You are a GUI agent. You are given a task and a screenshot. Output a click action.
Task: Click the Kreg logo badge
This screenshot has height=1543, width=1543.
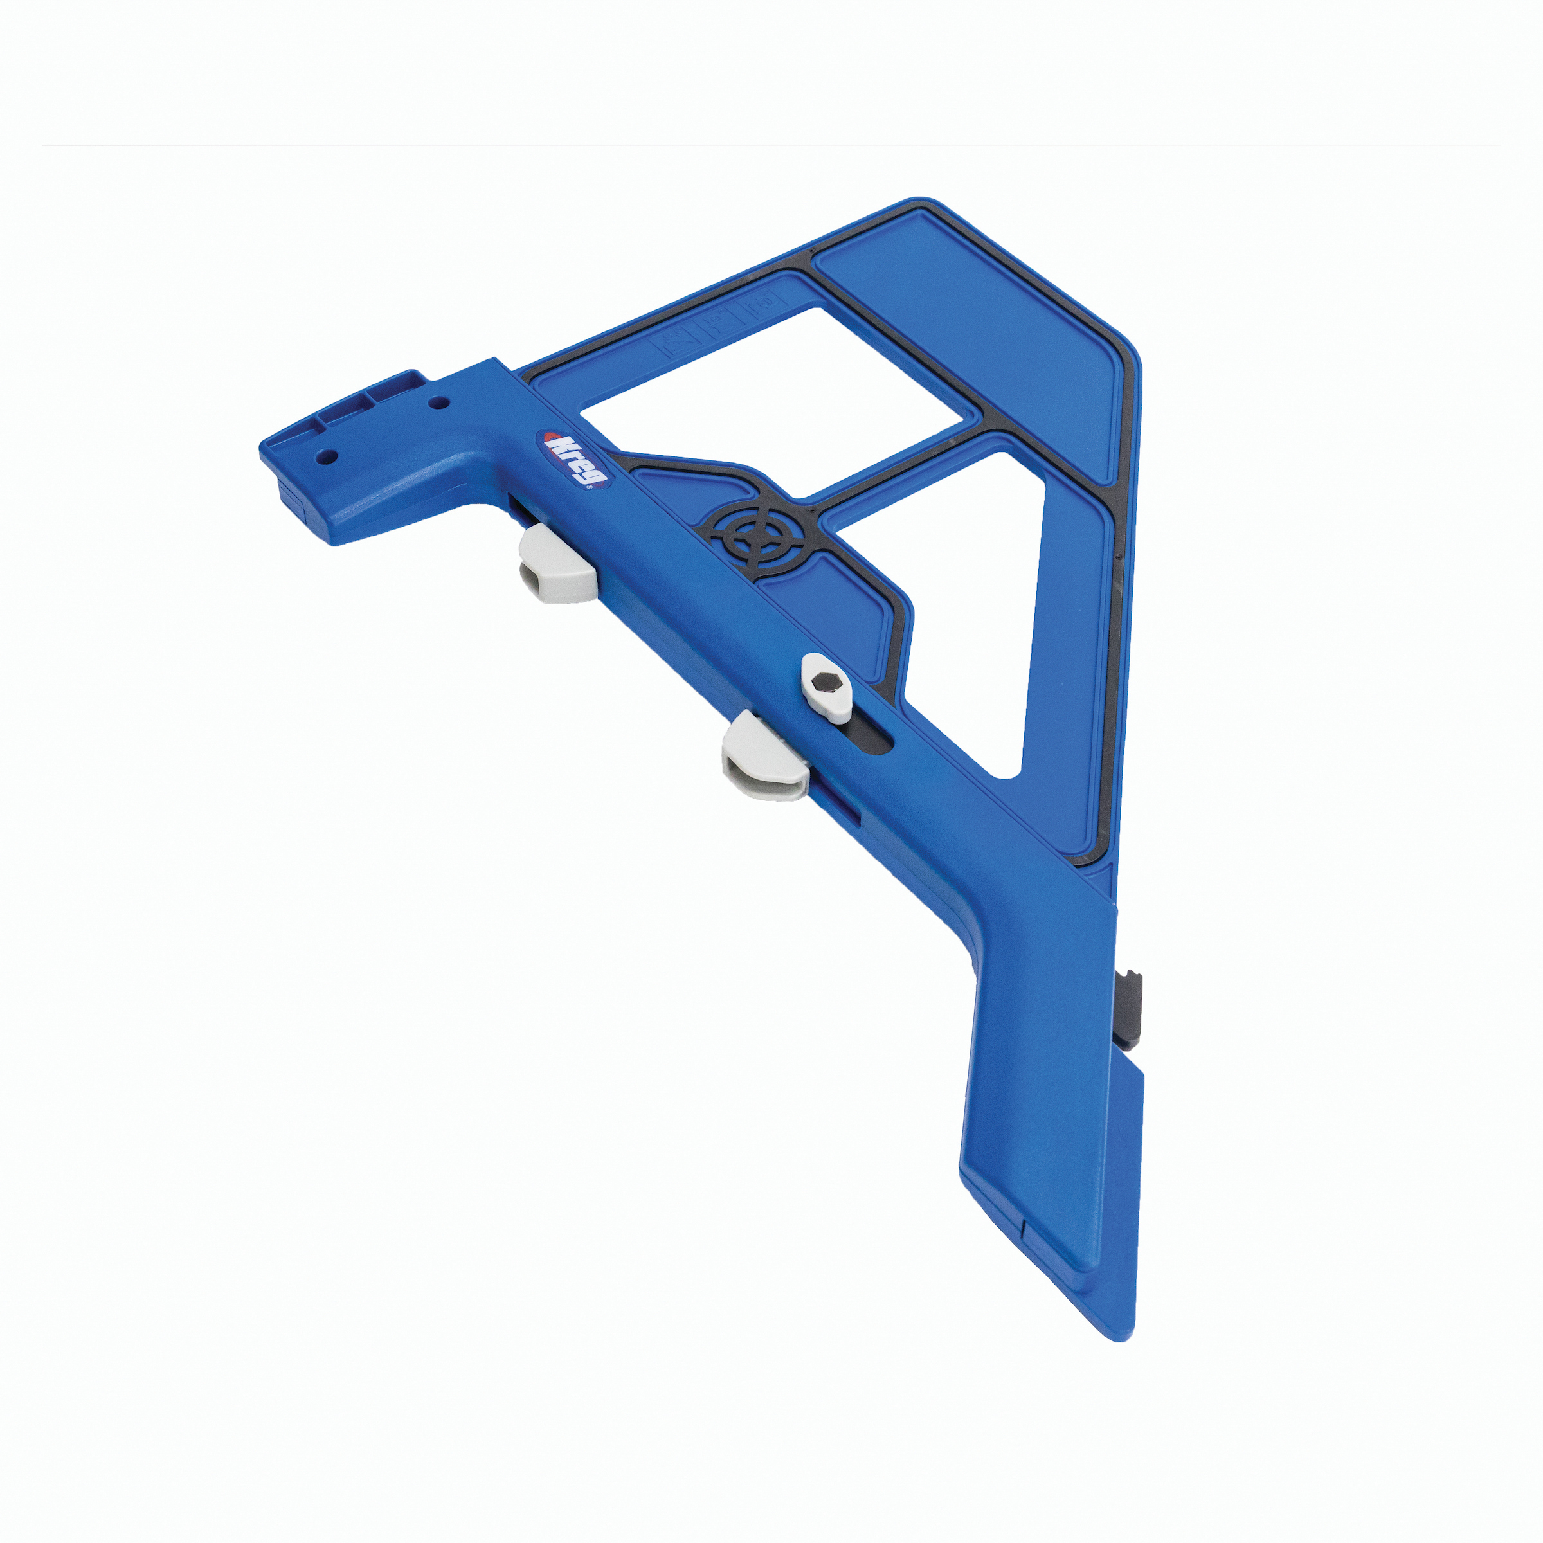pyautogui.click(x=574, y=458)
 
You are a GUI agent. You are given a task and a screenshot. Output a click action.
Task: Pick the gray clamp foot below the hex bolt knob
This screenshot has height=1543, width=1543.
pyautogui.click(x=765, y=757)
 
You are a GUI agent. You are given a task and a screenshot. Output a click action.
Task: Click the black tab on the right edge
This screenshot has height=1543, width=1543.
pyautogui.click(x=1133, y=1009)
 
